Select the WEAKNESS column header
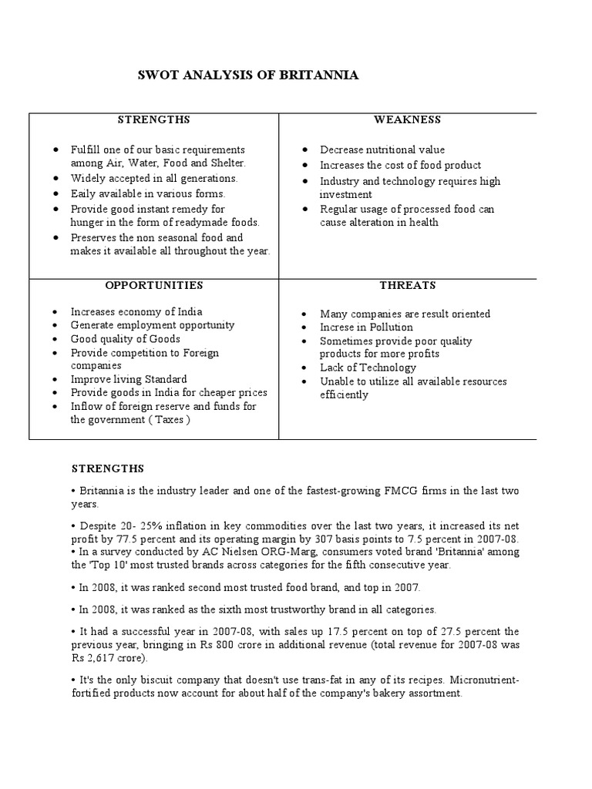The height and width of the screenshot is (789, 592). tap(407, 119)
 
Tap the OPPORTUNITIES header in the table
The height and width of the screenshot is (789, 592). tap(154, 285)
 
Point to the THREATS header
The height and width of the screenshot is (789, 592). tap(407, 285)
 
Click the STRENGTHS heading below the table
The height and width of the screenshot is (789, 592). tap(107, 468)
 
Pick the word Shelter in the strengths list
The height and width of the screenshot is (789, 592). tap(246, 163)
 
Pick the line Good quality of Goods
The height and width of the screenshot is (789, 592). tap(125, 339)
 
